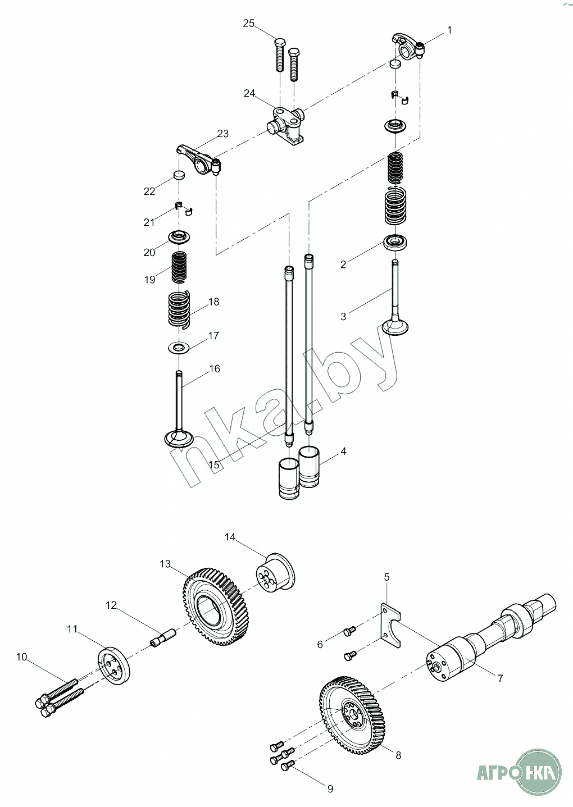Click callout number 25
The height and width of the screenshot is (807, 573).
(248, 23)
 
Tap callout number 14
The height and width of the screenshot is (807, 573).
(230, 537)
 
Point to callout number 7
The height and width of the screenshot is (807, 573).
(500, 678)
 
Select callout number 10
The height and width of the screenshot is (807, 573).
(21, 656)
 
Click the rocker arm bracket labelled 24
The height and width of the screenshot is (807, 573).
(286, 125)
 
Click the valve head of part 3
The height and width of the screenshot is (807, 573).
(394, 326)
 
